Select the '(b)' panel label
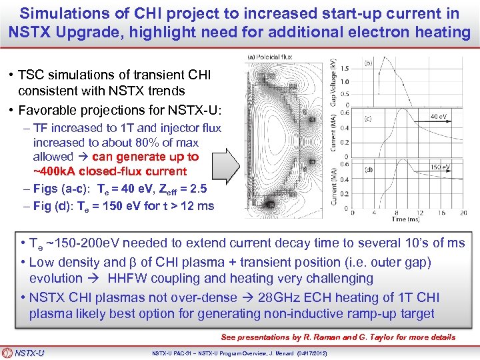[367, 64]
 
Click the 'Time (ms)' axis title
[405, 219]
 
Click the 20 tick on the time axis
[465, 212]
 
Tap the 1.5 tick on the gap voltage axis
[344, 69]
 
